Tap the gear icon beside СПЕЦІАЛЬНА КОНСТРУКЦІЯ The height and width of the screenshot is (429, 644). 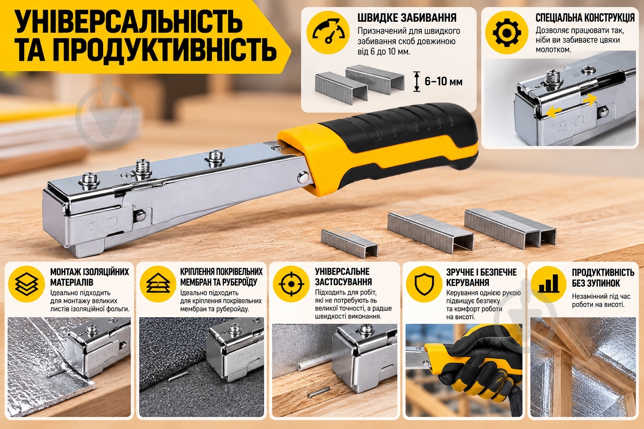506,33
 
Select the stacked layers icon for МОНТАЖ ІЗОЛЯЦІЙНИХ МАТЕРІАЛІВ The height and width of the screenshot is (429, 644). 26,284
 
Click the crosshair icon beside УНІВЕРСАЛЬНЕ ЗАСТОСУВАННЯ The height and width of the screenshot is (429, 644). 291,284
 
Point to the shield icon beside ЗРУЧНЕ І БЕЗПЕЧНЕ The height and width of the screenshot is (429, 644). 424,284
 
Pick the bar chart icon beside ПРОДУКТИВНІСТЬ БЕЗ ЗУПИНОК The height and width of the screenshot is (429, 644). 548,284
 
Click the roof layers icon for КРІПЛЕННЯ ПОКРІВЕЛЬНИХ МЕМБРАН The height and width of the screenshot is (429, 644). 158,283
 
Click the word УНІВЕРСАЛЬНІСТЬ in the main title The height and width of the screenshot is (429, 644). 129,22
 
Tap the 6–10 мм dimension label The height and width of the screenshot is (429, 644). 444,82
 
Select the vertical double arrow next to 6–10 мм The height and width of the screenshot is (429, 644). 417,82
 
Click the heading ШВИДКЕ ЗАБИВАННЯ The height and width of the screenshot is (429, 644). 407,18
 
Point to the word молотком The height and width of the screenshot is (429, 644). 553,49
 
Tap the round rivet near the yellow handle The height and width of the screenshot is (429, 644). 303,177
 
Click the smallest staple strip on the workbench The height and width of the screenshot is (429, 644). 349,243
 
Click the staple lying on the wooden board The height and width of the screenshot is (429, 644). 319,392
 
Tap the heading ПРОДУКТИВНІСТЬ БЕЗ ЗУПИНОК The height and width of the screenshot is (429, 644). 602,278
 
